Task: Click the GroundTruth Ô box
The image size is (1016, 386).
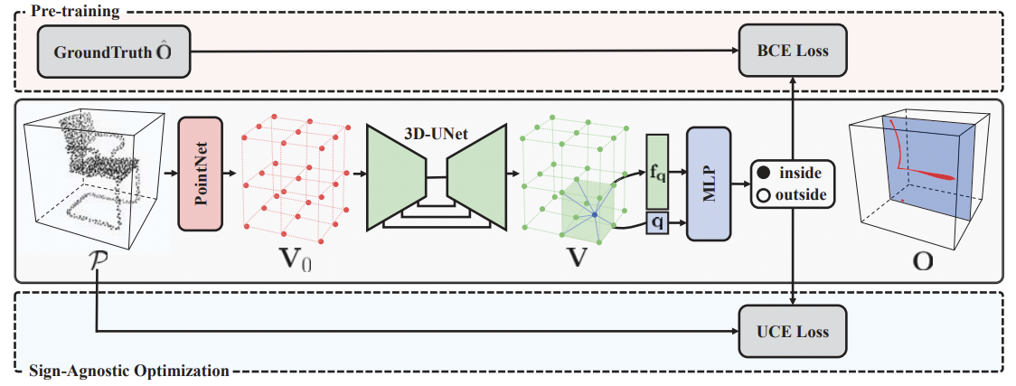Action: tap(113, 51)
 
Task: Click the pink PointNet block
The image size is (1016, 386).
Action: tap(200, 173)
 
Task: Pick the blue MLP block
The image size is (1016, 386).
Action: tap(708, 184)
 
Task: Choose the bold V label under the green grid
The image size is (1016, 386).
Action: tap(574, 259)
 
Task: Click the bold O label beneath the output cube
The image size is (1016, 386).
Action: tap(923, 260)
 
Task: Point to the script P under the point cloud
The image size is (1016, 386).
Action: tap(94, 261)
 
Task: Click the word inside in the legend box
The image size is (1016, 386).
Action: tap(801, 173)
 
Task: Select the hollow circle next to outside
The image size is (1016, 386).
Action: tap(764, 194)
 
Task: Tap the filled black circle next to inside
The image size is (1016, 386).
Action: tap(764, 173)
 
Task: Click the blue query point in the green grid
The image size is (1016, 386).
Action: tap(595, 215)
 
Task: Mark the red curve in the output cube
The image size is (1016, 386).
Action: tap(904, 158)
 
